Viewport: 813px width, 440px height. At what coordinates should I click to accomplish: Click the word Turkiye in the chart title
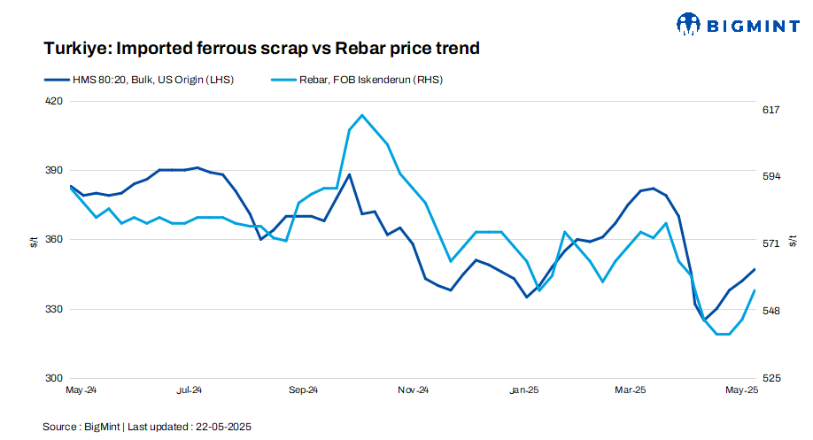[72, 48]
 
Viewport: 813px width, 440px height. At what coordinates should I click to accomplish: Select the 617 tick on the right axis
[770, 110]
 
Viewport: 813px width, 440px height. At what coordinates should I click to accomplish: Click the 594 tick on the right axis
[770, 176]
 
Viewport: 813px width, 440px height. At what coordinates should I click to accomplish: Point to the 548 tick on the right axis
[770, 311]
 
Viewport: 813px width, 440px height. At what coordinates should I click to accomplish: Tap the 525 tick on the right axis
[770, 378]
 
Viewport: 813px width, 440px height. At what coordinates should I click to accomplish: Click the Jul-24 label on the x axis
[190, 390]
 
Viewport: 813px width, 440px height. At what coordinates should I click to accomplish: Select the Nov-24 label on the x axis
[413, 390]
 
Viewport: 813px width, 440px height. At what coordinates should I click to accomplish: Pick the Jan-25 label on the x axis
[524, 390]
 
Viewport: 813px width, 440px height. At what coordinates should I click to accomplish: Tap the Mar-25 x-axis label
[630, 390]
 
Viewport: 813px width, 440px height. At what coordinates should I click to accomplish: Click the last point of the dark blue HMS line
[755, 269]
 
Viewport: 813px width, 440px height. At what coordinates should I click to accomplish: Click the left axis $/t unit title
[33, 240]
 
